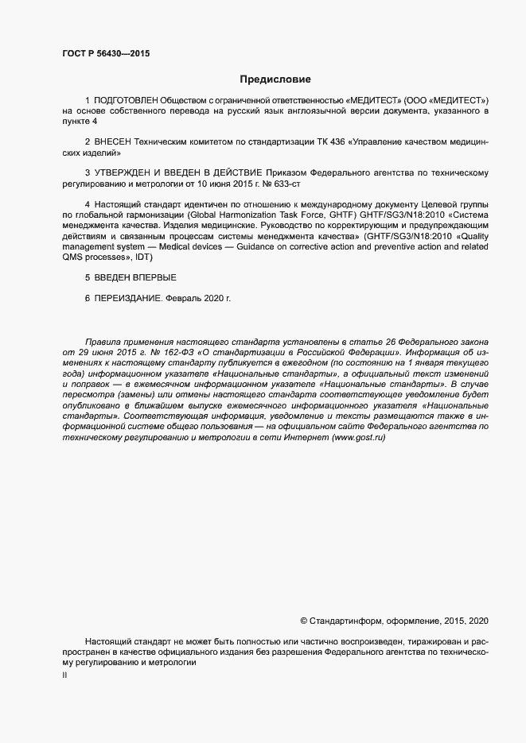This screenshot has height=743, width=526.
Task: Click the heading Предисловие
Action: tap(275, 79)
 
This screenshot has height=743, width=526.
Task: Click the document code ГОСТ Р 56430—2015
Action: tap(106, 54)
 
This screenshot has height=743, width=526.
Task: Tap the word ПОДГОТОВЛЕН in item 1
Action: tap(126, 101)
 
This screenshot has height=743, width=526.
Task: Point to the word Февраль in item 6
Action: tap(184, 298)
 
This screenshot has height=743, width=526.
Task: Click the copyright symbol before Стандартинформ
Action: tap(303, 620)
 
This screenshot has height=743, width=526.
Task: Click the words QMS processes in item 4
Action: tap(95, 257)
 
